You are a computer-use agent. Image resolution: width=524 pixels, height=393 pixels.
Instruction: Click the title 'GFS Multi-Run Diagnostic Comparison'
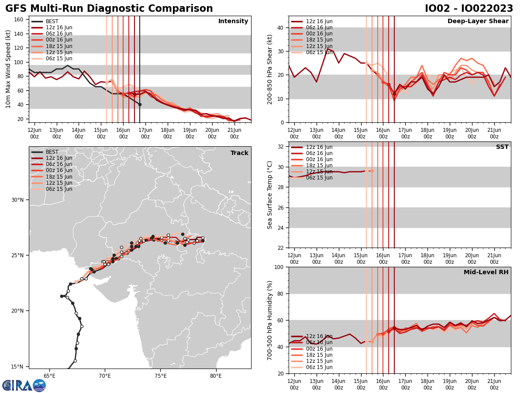pyautogui.click(x=109, y=9)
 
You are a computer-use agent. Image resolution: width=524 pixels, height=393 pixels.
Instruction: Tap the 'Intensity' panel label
pyautogui.click(x=233, y=21)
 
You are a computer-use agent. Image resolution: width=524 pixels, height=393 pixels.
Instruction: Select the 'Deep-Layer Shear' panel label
pyautogui.click(x=478, y=21)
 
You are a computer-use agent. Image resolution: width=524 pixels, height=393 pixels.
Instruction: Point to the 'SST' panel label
pyautogui.click(x=502, y=147)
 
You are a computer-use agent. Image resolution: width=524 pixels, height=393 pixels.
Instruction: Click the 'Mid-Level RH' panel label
pyautogui.click(x=486, y=272)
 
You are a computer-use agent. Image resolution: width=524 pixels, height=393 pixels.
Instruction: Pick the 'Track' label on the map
pyautogui.click(x=239, y=153)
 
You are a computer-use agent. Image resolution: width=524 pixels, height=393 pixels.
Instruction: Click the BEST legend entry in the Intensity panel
pyautogui.click(x=52, y=21)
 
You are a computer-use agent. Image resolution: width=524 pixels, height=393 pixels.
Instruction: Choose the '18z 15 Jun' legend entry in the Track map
pyautogui.click(x=59, y=177)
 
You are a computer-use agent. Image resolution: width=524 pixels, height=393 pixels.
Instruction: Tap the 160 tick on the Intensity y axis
pyautogui.click(x=19, y=19)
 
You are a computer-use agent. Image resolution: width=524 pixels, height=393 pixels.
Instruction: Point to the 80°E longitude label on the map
pyautogui.click(x=216, y=376)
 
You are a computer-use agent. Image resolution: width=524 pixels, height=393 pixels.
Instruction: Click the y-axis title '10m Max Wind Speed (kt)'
pyautogui.click(x=8, y=69)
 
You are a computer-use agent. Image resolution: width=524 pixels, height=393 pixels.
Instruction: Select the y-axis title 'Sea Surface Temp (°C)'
pyautogui.click(x=270, y=195)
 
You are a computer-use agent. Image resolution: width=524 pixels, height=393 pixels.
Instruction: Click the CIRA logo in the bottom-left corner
pyautogui.click(x=24, y=385)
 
